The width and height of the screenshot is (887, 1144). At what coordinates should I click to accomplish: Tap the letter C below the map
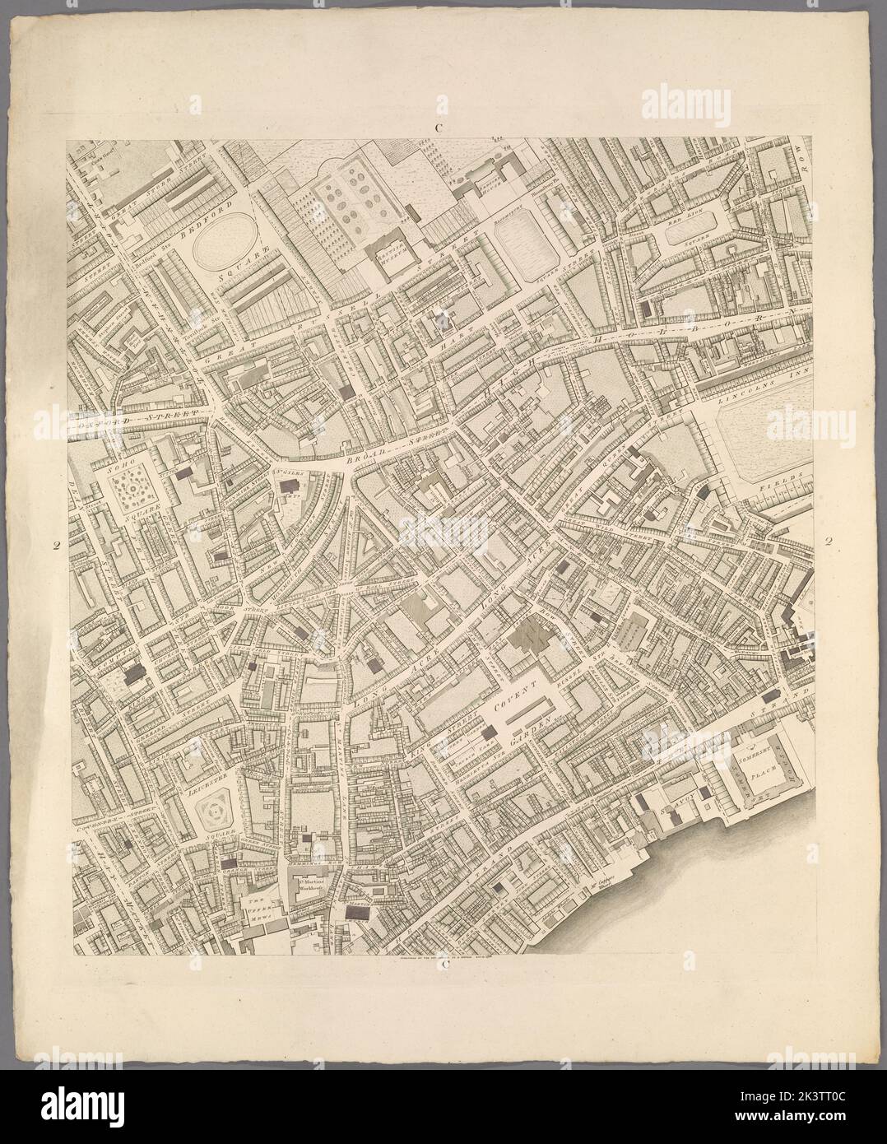[x=444, y=965]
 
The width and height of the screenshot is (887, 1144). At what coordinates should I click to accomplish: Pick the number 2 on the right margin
[x=829, y=541]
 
